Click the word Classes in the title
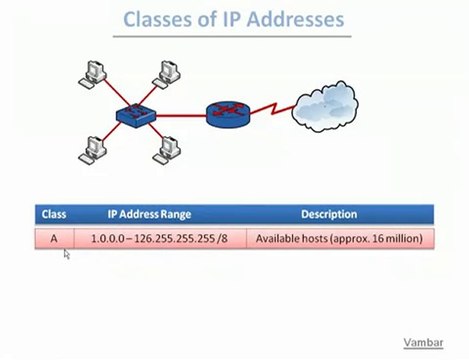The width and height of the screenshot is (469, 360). click(157, 19)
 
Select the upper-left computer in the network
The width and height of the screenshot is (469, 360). click(93, 72)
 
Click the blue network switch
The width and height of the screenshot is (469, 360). click(130, 113)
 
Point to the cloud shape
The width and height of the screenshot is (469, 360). click(326, 108)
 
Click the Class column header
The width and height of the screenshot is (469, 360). click(53, 214)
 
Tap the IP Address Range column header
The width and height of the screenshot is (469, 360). click(149, 214)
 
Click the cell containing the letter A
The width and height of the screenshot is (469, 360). click(53, 239)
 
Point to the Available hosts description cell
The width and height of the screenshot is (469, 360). click(339, 239)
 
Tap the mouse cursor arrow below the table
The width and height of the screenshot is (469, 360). click(66, 255)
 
